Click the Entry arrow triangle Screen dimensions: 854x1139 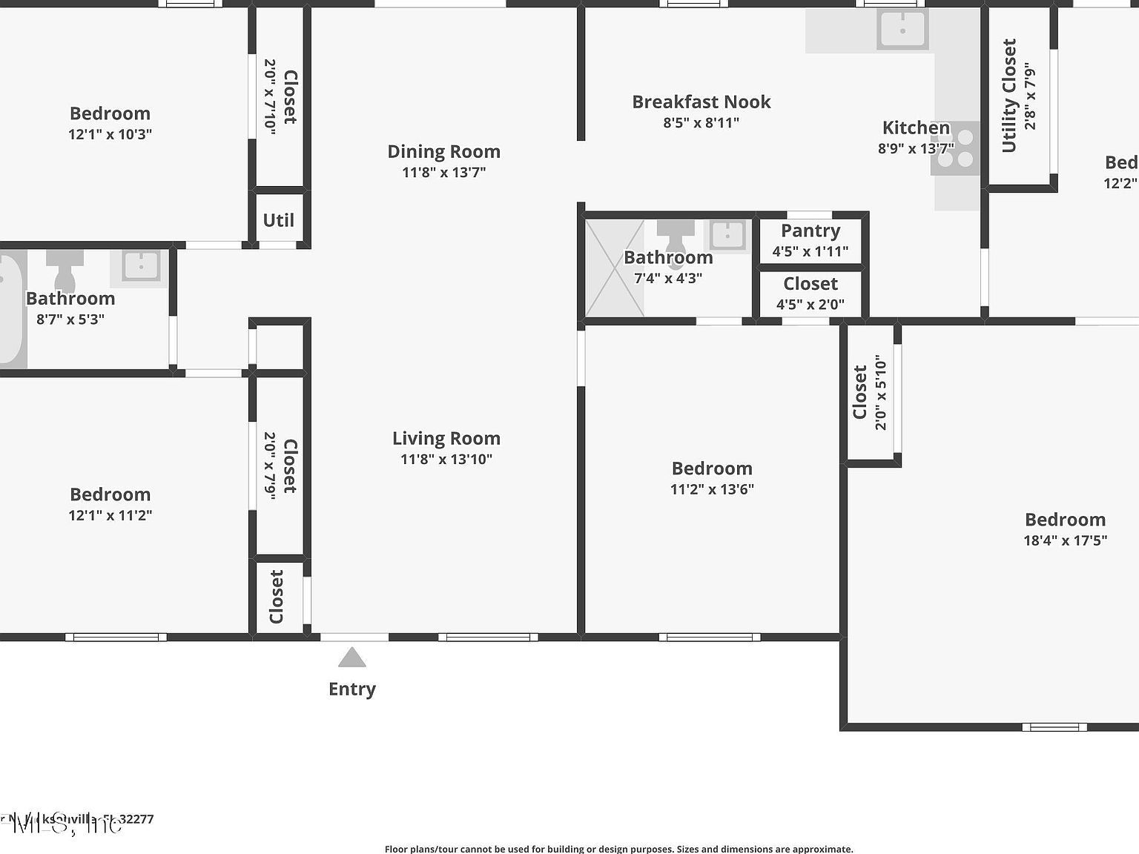(352, 658)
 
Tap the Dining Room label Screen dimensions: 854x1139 (443, 151)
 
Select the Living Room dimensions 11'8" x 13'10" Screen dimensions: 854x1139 (446, 460)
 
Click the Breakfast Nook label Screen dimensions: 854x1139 (701, 102)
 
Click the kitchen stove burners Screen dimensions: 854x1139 (956, 148)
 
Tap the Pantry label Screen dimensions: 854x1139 (810, 231)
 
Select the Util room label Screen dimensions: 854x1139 (278, 220)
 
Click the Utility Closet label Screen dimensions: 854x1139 (1009, 96)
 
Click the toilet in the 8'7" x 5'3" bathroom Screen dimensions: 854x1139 (65, 271)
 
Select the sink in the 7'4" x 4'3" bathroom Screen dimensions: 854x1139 (727, 236)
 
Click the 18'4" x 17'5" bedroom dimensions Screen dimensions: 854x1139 (1065, 540)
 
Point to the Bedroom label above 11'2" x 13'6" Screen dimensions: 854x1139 (712, 469)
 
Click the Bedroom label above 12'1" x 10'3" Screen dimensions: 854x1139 (110, 113)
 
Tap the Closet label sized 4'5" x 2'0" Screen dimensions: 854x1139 (810, 284)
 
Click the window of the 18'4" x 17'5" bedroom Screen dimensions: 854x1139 (1054, 726)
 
